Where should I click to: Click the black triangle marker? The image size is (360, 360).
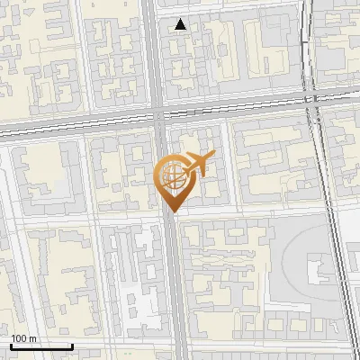[181, 24]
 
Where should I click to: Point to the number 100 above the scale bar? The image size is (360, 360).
[19, 338]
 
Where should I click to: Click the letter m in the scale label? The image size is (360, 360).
[32, 338]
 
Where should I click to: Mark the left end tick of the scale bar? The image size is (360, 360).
[10, 346]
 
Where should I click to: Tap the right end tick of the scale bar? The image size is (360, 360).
[72, 346]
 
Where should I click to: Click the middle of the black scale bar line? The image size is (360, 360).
[41, 347]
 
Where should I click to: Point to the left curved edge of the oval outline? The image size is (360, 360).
[283, 261]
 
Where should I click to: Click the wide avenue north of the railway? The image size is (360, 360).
[153, 54]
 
